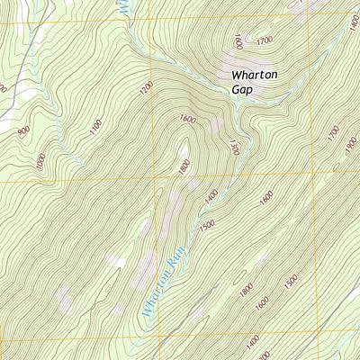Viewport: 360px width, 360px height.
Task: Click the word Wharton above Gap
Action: pyautogui.click(x=256, y=76)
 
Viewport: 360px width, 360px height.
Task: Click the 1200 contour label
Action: pyautogui.click(x=147, y=90)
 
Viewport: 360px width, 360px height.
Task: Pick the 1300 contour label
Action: pyautogui.click(x=234, y=147)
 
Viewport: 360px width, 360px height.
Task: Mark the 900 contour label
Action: pyautogui.click(x=22, y=132)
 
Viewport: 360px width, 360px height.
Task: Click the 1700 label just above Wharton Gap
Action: pyautogui.click(x=265, y=41)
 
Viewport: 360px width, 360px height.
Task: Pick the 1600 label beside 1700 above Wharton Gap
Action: pyautogui.click(x=238, y=41)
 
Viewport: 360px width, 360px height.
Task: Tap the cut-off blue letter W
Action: pyautogui.click(x=122, y=5)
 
